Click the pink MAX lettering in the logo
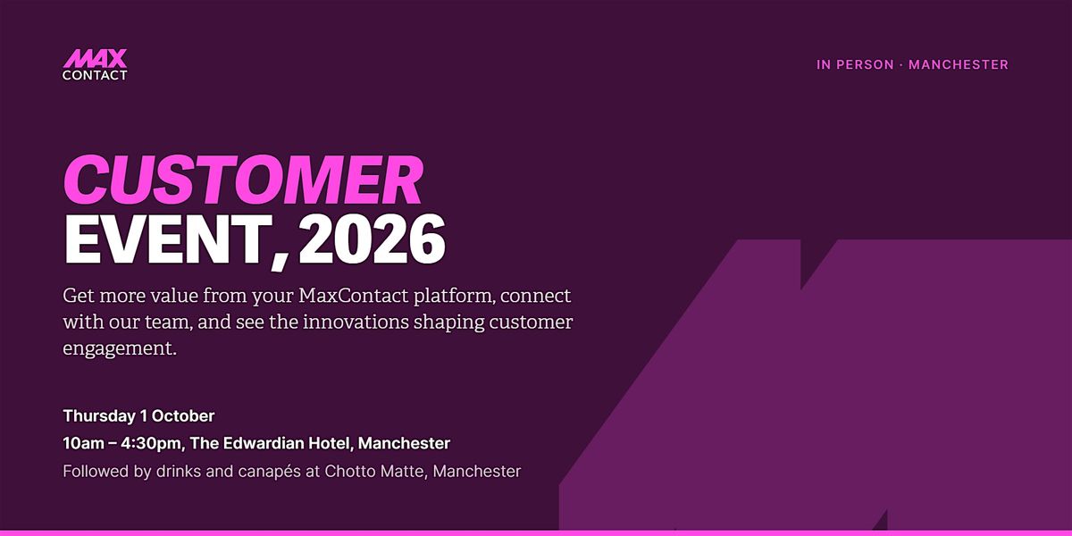(x=96, y=58)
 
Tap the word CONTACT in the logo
(x=95, y=75)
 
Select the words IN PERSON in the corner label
(x=855, y=64)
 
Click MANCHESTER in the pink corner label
(x=959, y=64)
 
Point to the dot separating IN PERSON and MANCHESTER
(x=901, y=65)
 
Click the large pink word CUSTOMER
(x=244, y=180)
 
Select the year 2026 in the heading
(x=373, y=239)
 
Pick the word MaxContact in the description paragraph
(x=354, y=296)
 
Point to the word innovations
(x=356, y=322)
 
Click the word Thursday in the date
(x=99, y=416)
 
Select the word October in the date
(x=183, y=416)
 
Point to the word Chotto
(x=350, y=472)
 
